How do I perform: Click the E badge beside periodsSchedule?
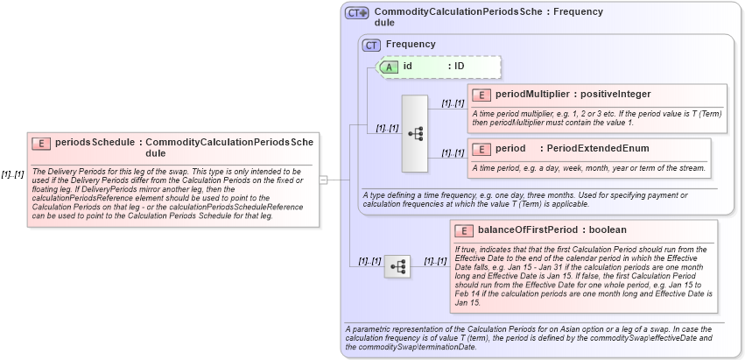coord(41,142)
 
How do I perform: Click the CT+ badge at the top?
coord(356,13)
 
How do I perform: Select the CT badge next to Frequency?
coord(372,44)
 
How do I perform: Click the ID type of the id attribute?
coord(459,66)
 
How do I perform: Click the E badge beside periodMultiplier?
coord(481,95)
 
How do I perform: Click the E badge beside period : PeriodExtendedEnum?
coord(481,149)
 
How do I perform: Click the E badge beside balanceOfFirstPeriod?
coord(463,230)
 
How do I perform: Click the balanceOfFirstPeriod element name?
coord(528,230)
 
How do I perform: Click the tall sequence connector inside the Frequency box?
coord(414,133)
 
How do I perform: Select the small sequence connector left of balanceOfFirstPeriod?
coord(397,265)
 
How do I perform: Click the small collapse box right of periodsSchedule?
coord(323,180)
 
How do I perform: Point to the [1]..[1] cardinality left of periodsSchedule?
coord(12,174)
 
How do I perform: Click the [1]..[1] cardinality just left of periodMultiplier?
coord(453,103)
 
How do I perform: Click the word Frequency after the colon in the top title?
coord(578,12)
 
